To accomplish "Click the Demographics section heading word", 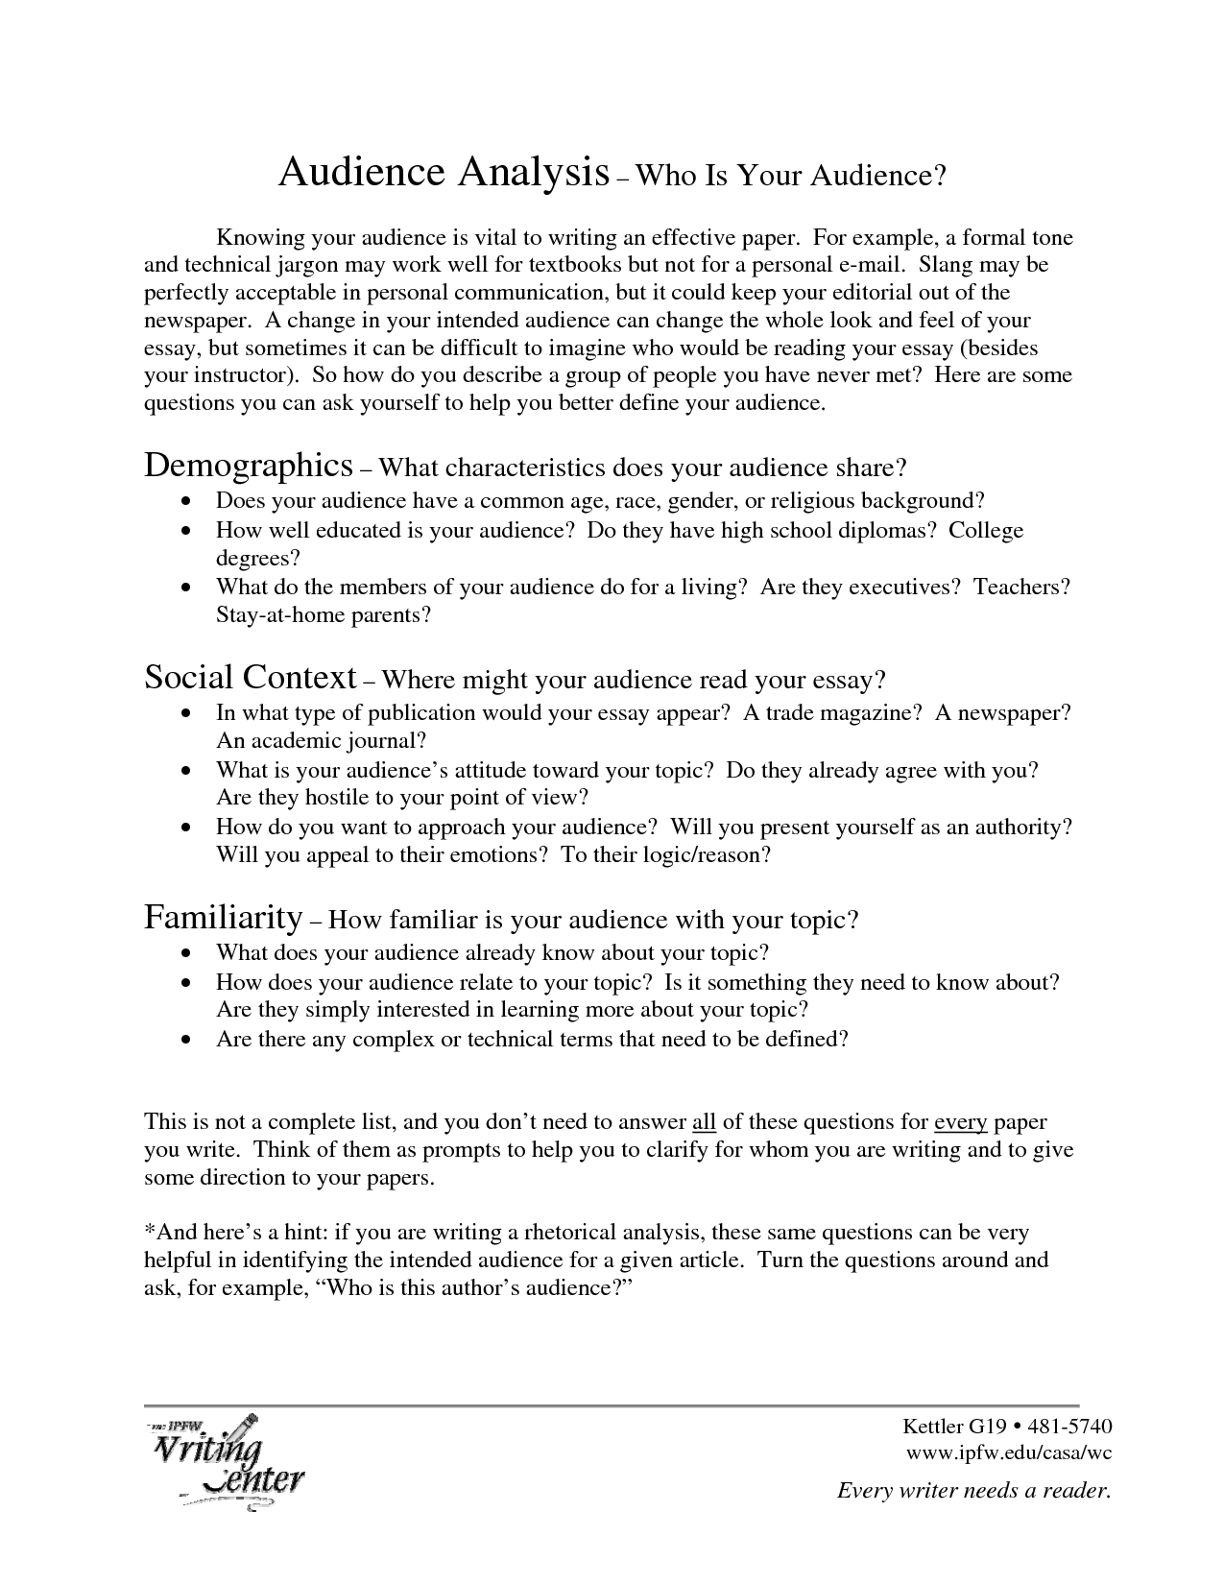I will click(x=249, y=466).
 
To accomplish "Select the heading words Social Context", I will click(x=251, y=678).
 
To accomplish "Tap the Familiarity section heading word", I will click(x=224, y=918).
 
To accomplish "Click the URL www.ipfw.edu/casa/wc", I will click(x=1009, y=1452).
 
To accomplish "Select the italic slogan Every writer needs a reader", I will click(x=974, y=1490).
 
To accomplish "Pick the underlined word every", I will click(x=961, y=1121).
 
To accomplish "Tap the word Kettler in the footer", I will click(x=935, y=1426).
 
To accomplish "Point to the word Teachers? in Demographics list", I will click(x=1021, y=587).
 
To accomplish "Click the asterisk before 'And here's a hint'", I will click(x=149, y=1230).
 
